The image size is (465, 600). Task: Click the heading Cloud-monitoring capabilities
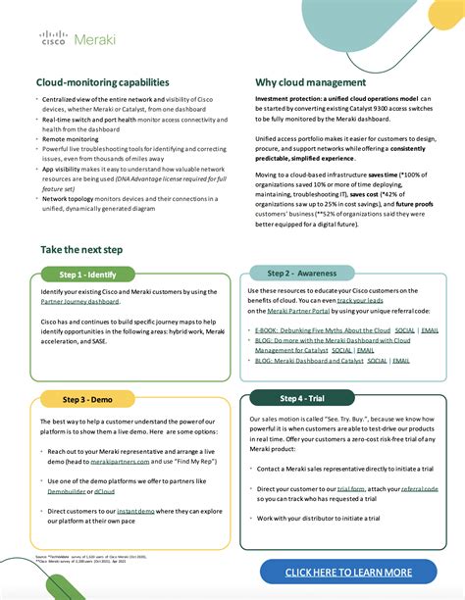103,82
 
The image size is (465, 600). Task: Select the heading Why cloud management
311,82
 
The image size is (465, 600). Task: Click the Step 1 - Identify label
88,275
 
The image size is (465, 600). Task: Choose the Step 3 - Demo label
88,399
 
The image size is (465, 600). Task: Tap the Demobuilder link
68,492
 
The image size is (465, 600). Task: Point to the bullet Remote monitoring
71,139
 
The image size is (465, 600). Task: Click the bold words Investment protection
292,99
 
